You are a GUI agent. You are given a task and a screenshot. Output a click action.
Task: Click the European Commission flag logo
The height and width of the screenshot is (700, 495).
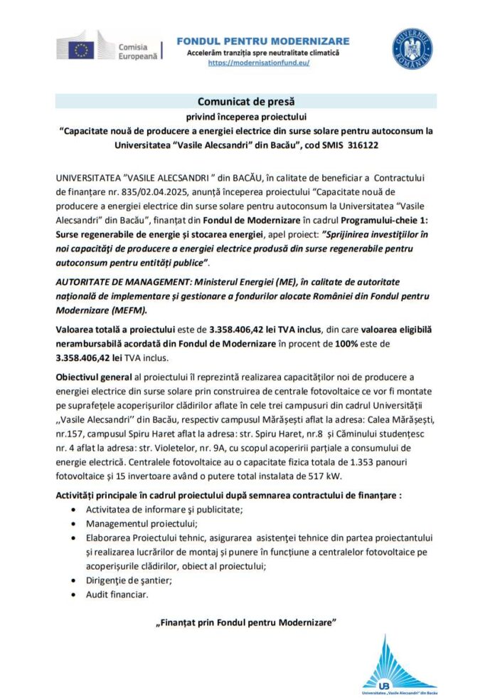point(81,49)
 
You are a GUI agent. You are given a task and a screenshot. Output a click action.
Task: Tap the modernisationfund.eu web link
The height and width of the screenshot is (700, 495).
point(259,63)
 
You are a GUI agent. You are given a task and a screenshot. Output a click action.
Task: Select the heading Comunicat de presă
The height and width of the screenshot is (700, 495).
point(247,103)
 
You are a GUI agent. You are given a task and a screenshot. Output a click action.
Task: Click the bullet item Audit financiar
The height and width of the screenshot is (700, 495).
point(117,593)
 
